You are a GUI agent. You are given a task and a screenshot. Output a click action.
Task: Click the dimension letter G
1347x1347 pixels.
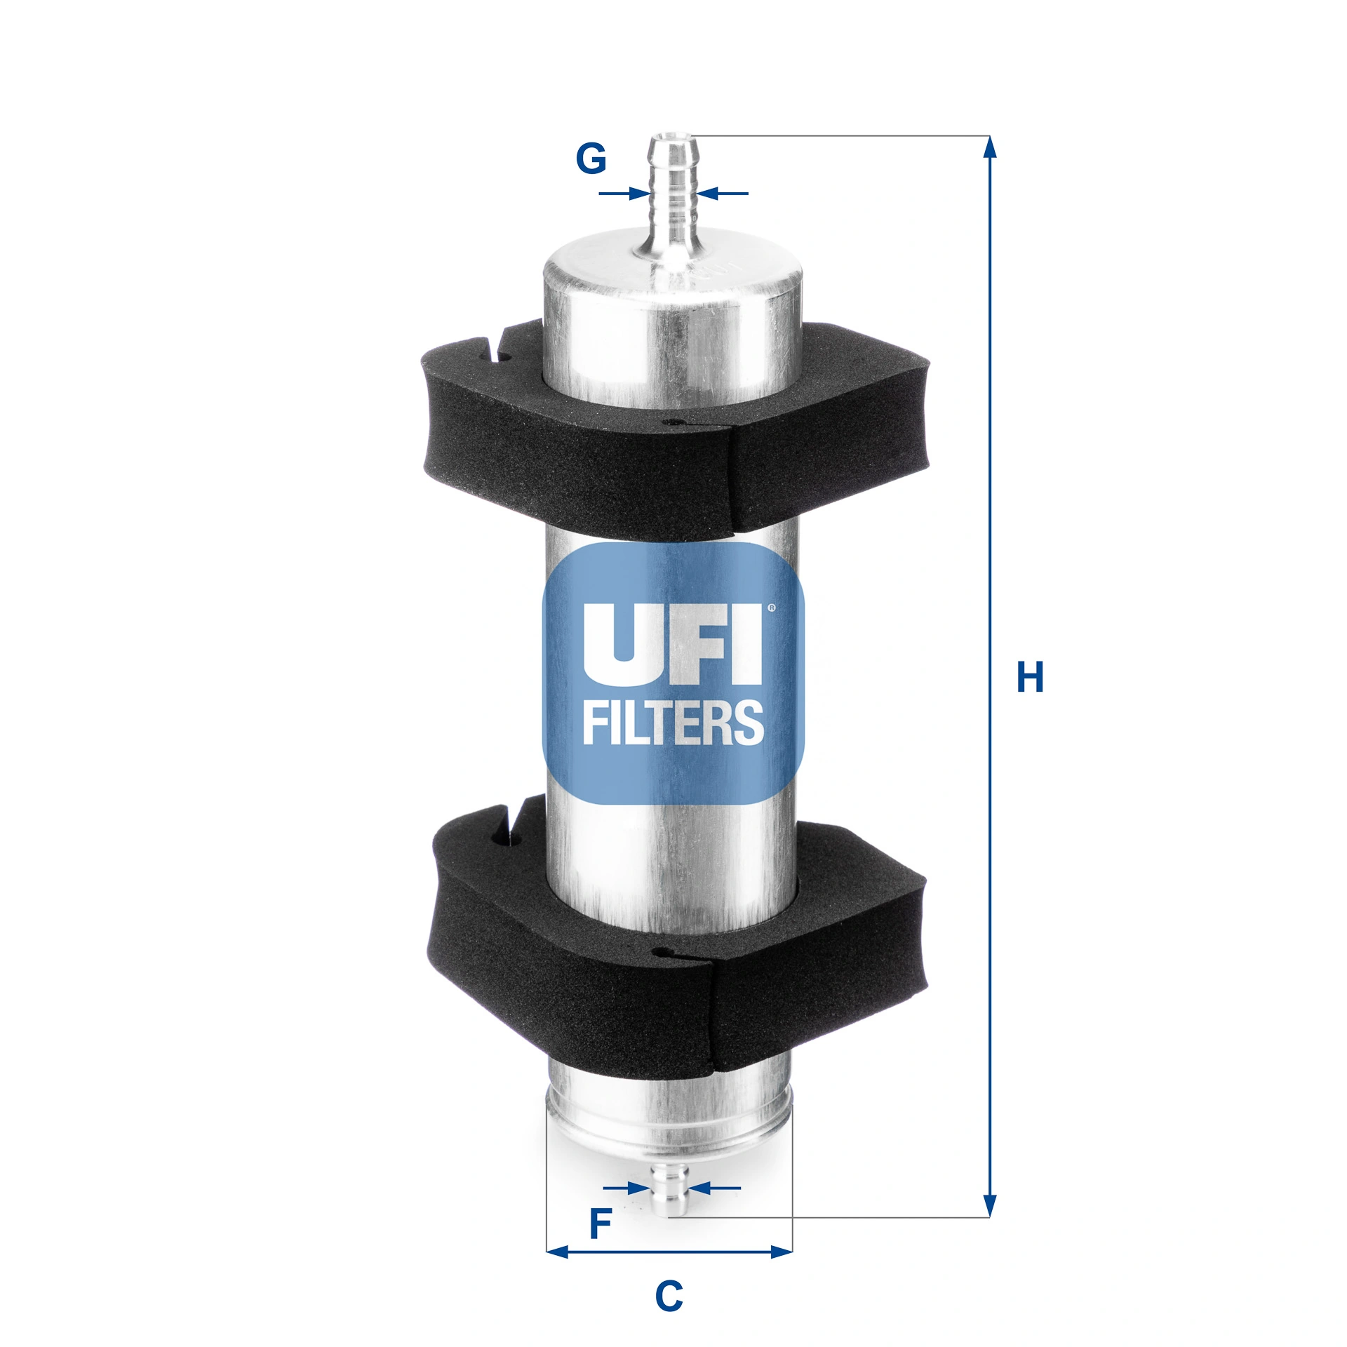[x=591, y=159]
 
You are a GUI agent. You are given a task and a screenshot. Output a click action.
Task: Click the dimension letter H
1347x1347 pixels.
[x=1030, y=677]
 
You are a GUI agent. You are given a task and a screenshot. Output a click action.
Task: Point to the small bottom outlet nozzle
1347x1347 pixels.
[x=669, y=1191]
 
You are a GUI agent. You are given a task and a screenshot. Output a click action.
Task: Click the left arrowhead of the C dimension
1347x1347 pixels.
[x=558, y=1251]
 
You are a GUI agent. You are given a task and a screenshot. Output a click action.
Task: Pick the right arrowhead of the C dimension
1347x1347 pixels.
[x=780, y=1251]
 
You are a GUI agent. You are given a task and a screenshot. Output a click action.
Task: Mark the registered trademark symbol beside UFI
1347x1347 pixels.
[x=772, y=608]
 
